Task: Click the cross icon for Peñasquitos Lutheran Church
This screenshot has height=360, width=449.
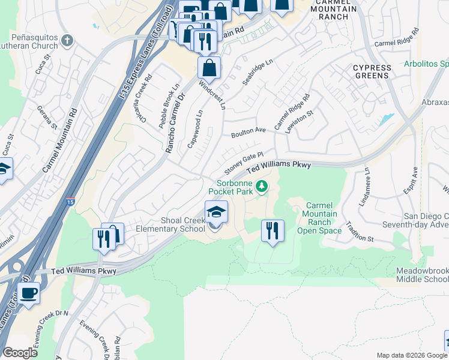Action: [x=67, y=41]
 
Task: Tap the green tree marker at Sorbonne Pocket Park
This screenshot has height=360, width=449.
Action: [x=261, y=187]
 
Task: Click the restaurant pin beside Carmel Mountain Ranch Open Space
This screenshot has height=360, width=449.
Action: [x=273, y=230]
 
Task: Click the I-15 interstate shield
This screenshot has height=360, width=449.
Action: [x=71, y=203]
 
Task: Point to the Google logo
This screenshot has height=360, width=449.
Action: [x=20, y=353]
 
